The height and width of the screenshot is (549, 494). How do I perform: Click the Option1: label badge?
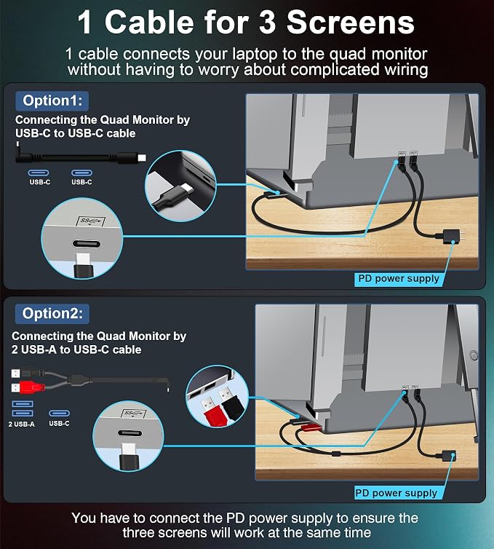click(52, 100)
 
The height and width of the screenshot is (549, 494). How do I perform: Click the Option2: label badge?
click(52, 314)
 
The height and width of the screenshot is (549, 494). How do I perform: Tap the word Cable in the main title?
click(149, 23)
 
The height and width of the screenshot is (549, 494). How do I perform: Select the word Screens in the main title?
click(350, 23)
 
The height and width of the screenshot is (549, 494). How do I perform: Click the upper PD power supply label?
click(399, 279)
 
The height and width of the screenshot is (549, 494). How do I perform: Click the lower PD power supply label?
click(397, 494)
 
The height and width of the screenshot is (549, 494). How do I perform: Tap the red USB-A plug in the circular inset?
click(211, 410)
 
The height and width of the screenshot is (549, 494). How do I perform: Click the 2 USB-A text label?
click(22, 424)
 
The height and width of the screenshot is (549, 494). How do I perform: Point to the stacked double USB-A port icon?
click(23, 408)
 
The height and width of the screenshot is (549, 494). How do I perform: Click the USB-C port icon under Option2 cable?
click(59, 413)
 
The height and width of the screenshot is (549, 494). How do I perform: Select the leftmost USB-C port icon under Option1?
click(39, 173)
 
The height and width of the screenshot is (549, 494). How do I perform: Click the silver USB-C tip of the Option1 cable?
click(142, 158)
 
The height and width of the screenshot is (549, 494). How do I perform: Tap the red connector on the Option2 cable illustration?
click(33, 387)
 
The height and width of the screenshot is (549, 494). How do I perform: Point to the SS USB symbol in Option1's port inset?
click(91, 221)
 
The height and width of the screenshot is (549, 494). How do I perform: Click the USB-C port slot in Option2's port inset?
click(130, 433)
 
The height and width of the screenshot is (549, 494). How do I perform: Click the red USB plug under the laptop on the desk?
click(310, 427)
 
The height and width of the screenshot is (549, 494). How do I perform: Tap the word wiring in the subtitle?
click(406, 69)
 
